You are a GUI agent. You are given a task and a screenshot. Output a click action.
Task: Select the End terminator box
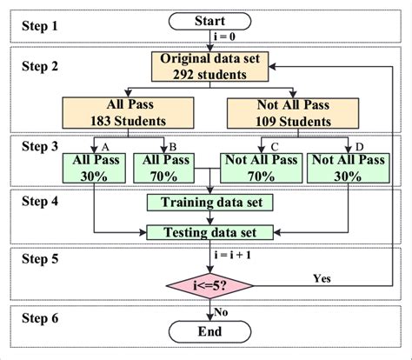pos(211,331)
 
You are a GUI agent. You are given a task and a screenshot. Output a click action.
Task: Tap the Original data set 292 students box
pos(210,67)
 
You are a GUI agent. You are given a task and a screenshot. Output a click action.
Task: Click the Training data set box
pos(211,203)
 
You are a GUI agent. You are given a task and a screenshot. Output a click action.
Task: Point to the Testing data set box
pos(211,231)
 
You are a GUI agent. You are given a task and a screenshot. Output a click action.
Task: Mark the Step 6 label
pos(43,319)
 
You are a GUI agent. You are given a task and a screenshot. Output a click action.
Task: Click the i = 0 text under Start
pos(224,37)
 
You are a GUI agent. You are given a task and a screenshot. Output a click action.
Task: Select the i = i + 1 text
pos(229,257)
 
